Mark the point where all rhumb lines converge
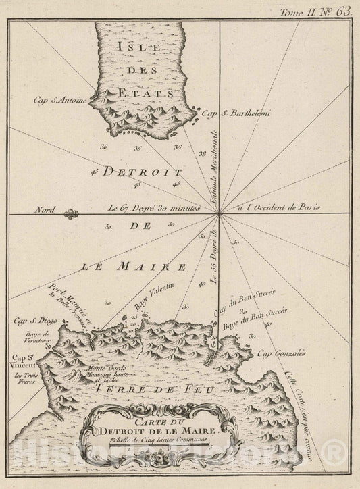218,215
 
